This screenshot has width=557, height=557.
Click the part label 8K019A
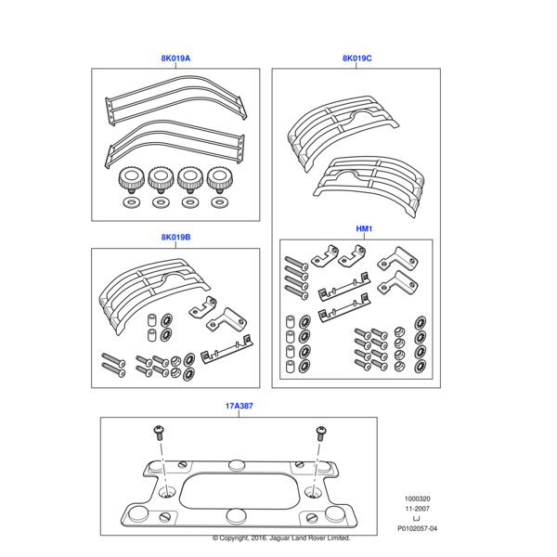175,58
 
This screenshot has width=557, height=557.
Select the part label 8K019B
175,238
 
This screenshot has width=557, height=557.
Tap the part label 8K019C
357,58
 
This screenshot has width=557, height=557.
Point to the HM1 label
364,228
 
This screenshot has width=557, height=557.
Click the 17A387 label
240,406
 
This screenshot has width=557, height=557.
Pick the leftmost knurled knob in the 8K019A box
132,180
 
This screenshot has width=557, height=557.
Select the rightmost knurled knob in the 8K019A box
220,180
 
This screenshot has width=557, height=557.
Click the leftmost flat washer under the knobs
132,202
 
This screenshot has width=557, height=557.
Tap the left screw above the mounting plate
159,433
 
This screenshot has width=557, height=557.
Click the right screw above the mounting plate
321,433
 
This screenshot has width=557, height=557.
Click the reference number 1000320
417,499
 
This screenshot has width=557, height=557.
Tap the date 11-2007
417,509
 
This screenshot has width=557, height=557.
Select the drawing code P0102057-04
417,528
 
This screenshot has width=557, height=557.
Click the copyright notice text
281,538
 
